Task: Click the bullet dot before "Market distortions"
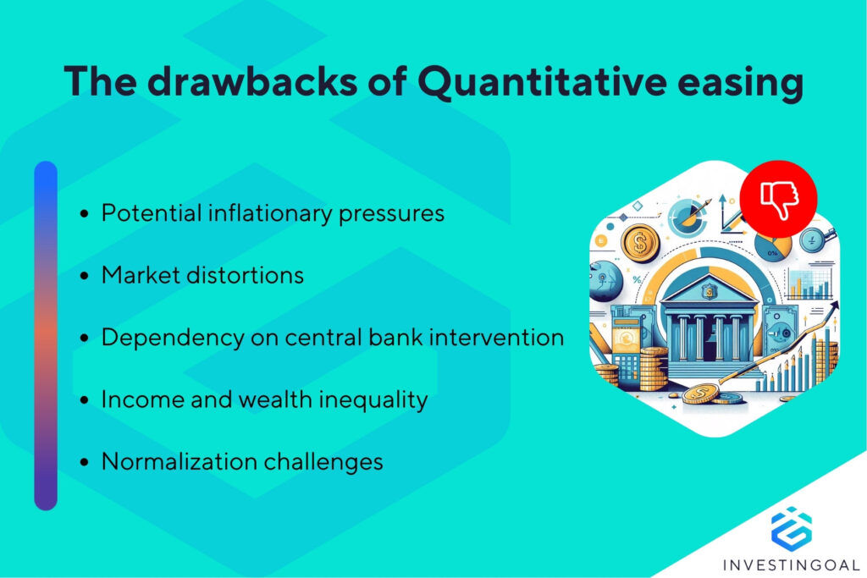coord(85,277)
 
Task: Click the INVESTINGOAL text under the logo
coord(791,564)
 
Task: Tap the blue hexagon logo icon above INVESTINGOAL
coord(791,526)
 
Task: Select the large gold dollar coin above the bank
coord(640,243)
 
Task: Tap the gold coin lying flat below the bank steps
coord(702,394)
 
